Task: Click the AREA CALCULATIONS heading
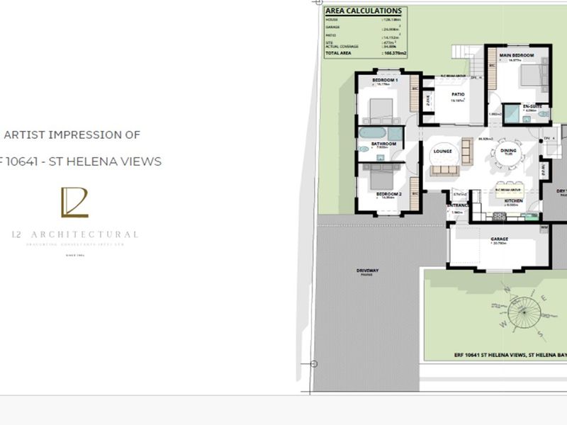(364, 11)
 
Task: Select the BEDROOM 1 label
(386, 80)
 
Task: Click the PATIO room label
(458, 94)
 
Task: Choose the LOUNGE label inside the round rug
(444, 149)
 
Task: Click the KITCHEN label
(513, 200)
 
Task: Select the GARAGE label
(499, 239)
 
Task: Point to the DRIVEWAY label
(368, 271)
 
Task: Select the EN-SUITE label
(532, 106)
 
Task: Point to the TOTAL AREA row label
(339, 53)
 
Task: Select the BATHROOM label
(383, 144)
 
